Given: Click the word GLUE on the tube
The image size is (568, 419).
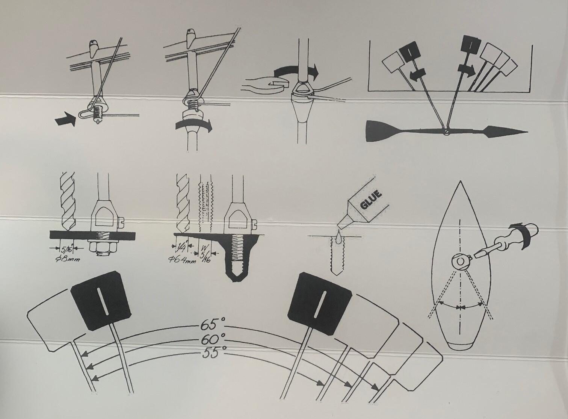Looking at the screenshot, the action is [371, 200].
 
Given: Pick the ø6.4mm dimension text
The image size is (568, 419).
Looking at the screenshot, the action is [182, 259].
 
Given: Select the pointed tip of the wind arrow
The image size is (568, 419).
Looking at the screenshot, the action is [527, 132].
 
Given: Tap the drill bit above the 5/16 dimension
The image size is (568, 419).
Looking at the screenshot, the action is [68, 202].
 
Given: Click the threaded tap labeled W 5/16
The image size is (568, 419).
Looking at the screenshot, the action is [205, 203].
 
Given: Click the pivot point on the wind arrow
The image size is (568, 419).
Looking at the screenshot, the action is [446, 132].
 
